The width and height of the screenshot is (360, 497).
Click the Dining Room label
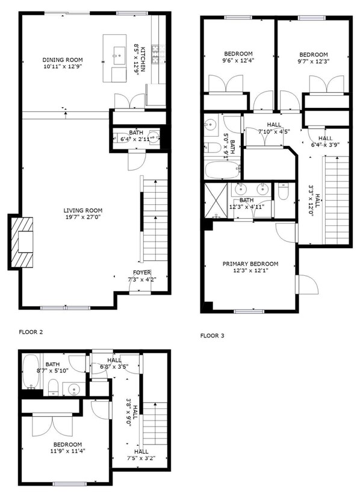click(63, 60)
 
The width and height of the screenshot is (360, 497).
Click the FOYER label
click(142, 272)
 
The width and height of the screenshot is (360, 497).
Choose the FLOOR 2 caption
click(31, 332)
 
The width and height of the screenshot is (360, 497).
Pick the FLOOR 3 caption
click(212, 336)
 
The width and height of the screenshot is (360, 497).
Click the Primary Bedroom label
click(250, 264)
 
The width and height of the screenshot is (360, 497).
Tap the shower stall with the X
click(216, 201)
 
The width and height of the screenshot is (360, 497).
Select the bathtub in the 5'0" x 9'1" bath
click(223, 170)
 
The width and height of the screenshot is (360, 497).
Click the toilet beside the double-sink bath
click(283, 191)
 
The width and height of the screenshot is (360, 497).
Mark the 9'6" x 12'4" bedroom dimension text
click(238, 60)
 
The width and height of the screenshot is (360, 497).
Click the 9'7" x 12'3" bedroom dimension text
click(314, 61)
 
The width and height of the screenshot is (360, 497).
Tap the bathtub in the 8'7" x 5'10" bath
click(31, 372)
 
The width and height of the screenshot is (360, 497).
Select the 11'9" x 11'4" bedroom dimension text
click(67, 451)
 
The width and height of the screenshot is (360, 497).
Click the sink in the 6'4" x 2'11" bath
click(155, 137)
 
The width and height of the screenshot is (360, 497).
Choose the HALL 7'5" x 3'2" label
click(141, 454)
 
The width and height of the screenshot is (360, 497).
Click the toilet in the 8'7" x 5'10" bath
click(52, 387)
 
